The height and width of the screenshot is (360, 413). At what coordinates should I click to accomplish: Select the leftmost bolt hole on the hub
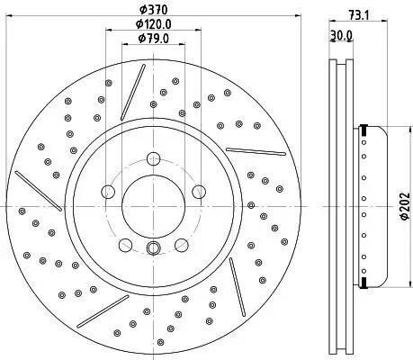tap(109, 191)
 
